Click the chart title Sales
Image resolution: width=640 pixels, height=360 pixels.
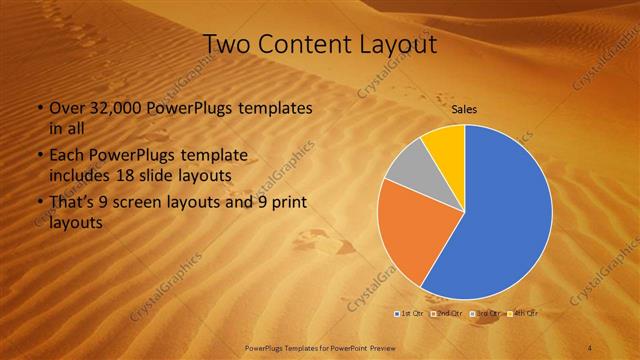pos(464,109)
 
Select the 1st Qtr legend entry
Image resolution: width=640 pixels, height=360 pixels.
pos(410,314)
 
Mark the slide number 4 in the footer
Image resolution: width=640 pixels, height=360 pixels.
pos(590,346)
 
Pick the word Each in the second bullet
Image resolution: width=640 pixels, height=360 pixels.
pos(64,157)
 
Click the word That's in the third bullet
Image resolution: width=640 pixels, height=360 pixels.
pos(69,203)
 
